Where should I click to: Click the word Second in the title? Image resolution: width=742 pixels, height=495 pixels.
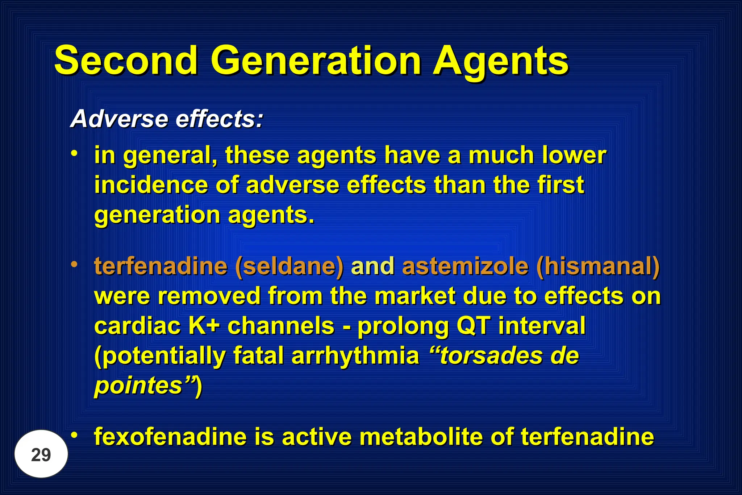(x=126, y=61)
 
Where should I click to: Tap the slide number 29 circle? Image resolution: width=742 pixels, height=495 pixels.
(x=41, y=454)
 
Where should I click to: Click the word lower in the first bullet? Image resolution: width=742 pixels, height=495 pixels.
(x=574, y=155)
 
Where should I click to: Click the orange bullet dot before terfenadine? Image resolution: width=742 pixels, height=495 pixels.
(x=74, y=264)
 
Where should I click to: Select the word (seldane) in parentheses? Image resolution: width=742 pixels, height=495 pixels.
(x=289, y=267)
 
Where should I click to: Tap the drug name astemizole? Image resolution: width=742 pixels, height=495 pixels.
(x=465, y=267)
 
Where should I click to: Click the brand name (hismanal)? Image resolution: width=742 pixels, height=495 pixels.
(x=598, y=267)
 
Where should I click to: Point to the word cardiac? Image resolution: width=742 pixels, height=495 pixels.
(x=137, y=326)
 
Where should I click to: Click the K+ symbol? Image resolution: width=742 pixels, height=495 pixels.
(x=204, y=326)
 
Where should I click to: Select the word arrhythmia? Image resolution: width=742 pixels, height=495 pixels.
(x=355, y=355)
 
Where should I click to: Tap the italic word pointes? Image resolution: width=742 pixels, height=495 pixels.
(x=138, y=385)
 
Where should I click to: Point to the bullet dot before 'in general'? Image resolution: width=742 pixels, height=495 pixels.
(x=74, y=153)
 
